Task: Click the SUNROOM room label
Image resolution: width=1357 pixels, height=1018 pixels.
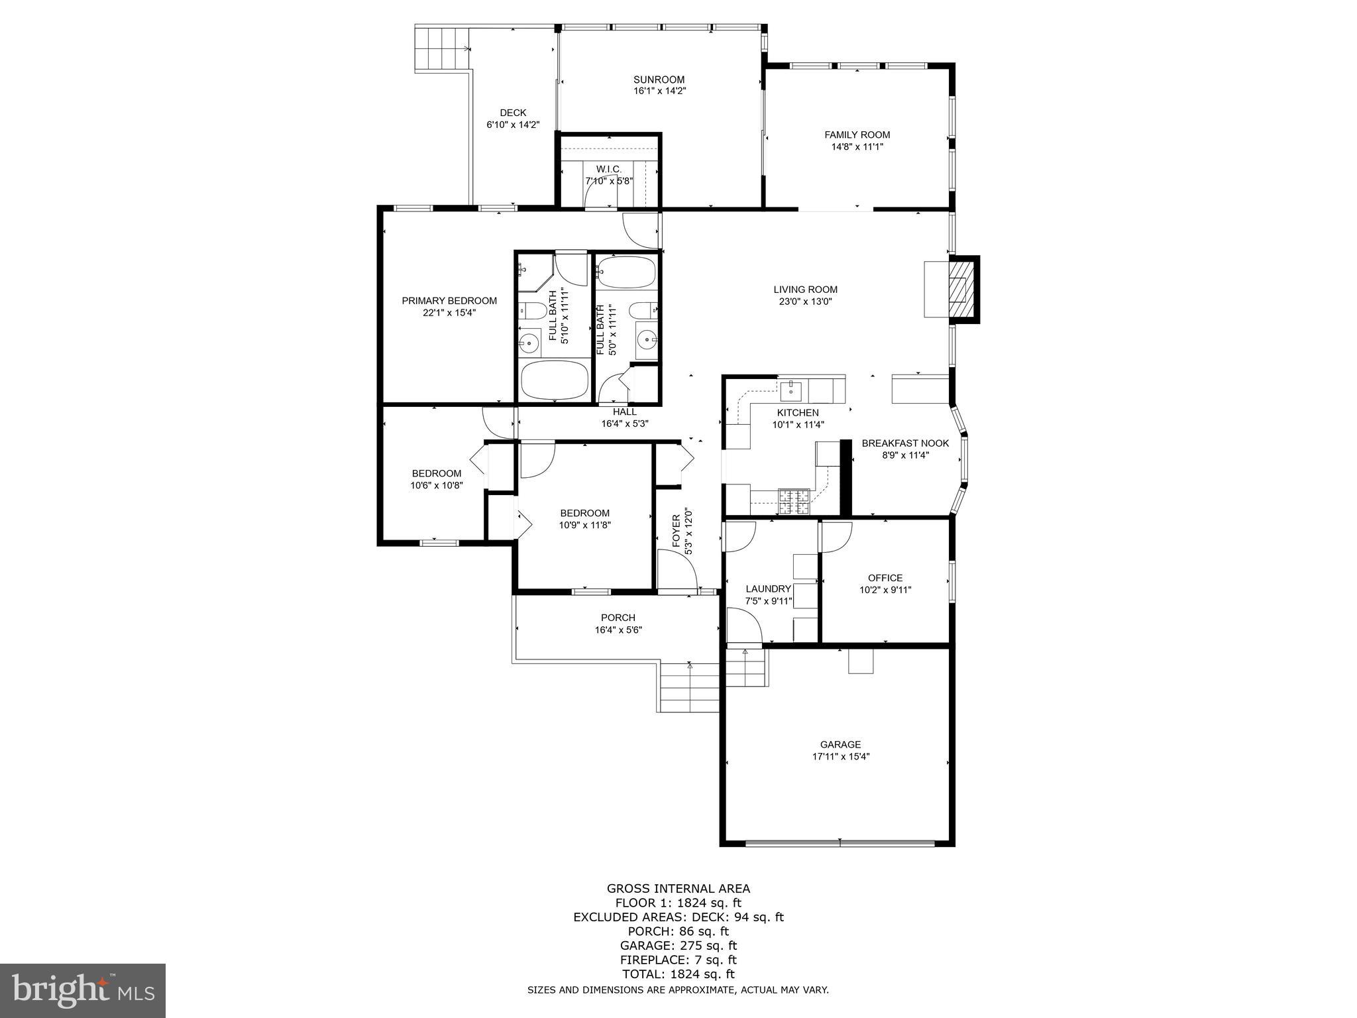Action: coord(659,80)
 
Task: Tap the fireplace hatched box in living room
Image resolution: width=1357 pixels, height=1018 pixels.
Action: coord(962,290)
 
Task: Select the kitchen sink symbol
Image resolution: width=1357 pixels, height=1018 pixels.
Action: coord(791,391)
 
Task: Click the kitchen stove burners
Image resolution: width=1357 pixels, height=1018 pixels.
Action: coord(793,501)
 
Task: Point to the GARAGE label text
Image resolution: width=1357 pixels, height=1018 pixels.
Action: coord(840,744)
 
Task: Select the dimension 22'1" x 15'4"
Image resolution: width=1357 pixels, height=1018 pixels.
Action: coord(449,312)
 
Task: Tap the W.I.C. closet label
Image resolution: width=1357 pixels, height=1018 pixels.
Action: coord(608,169)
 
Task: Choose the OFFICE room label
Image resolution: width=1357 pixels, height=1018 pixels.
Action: coord(885,578)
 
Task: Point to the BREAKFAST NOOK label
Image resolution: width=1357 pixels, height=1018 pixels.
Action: coord(905,443)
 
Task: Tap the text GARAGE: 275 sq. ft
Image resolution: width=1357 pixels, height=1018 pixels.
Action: coord(678,946)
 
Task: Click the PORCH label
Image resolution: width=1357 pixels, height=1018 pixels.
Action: coord(618,618)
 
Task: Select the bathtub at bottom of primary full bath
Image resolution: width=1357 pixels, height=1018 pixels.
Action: coord(555,380)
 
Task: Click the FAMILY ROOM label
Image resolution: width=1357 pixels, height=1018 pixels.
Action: coord(857,135)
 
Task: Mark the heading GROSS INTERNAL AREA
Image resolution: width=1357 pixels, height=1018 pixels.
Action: coord(678,889)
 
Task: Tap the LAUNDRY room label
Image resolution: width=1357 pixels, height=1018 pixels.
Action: coord(768,589)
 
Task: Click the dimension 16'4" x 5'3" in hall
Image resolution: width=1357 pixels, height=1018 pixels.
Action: coord(624,424)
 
